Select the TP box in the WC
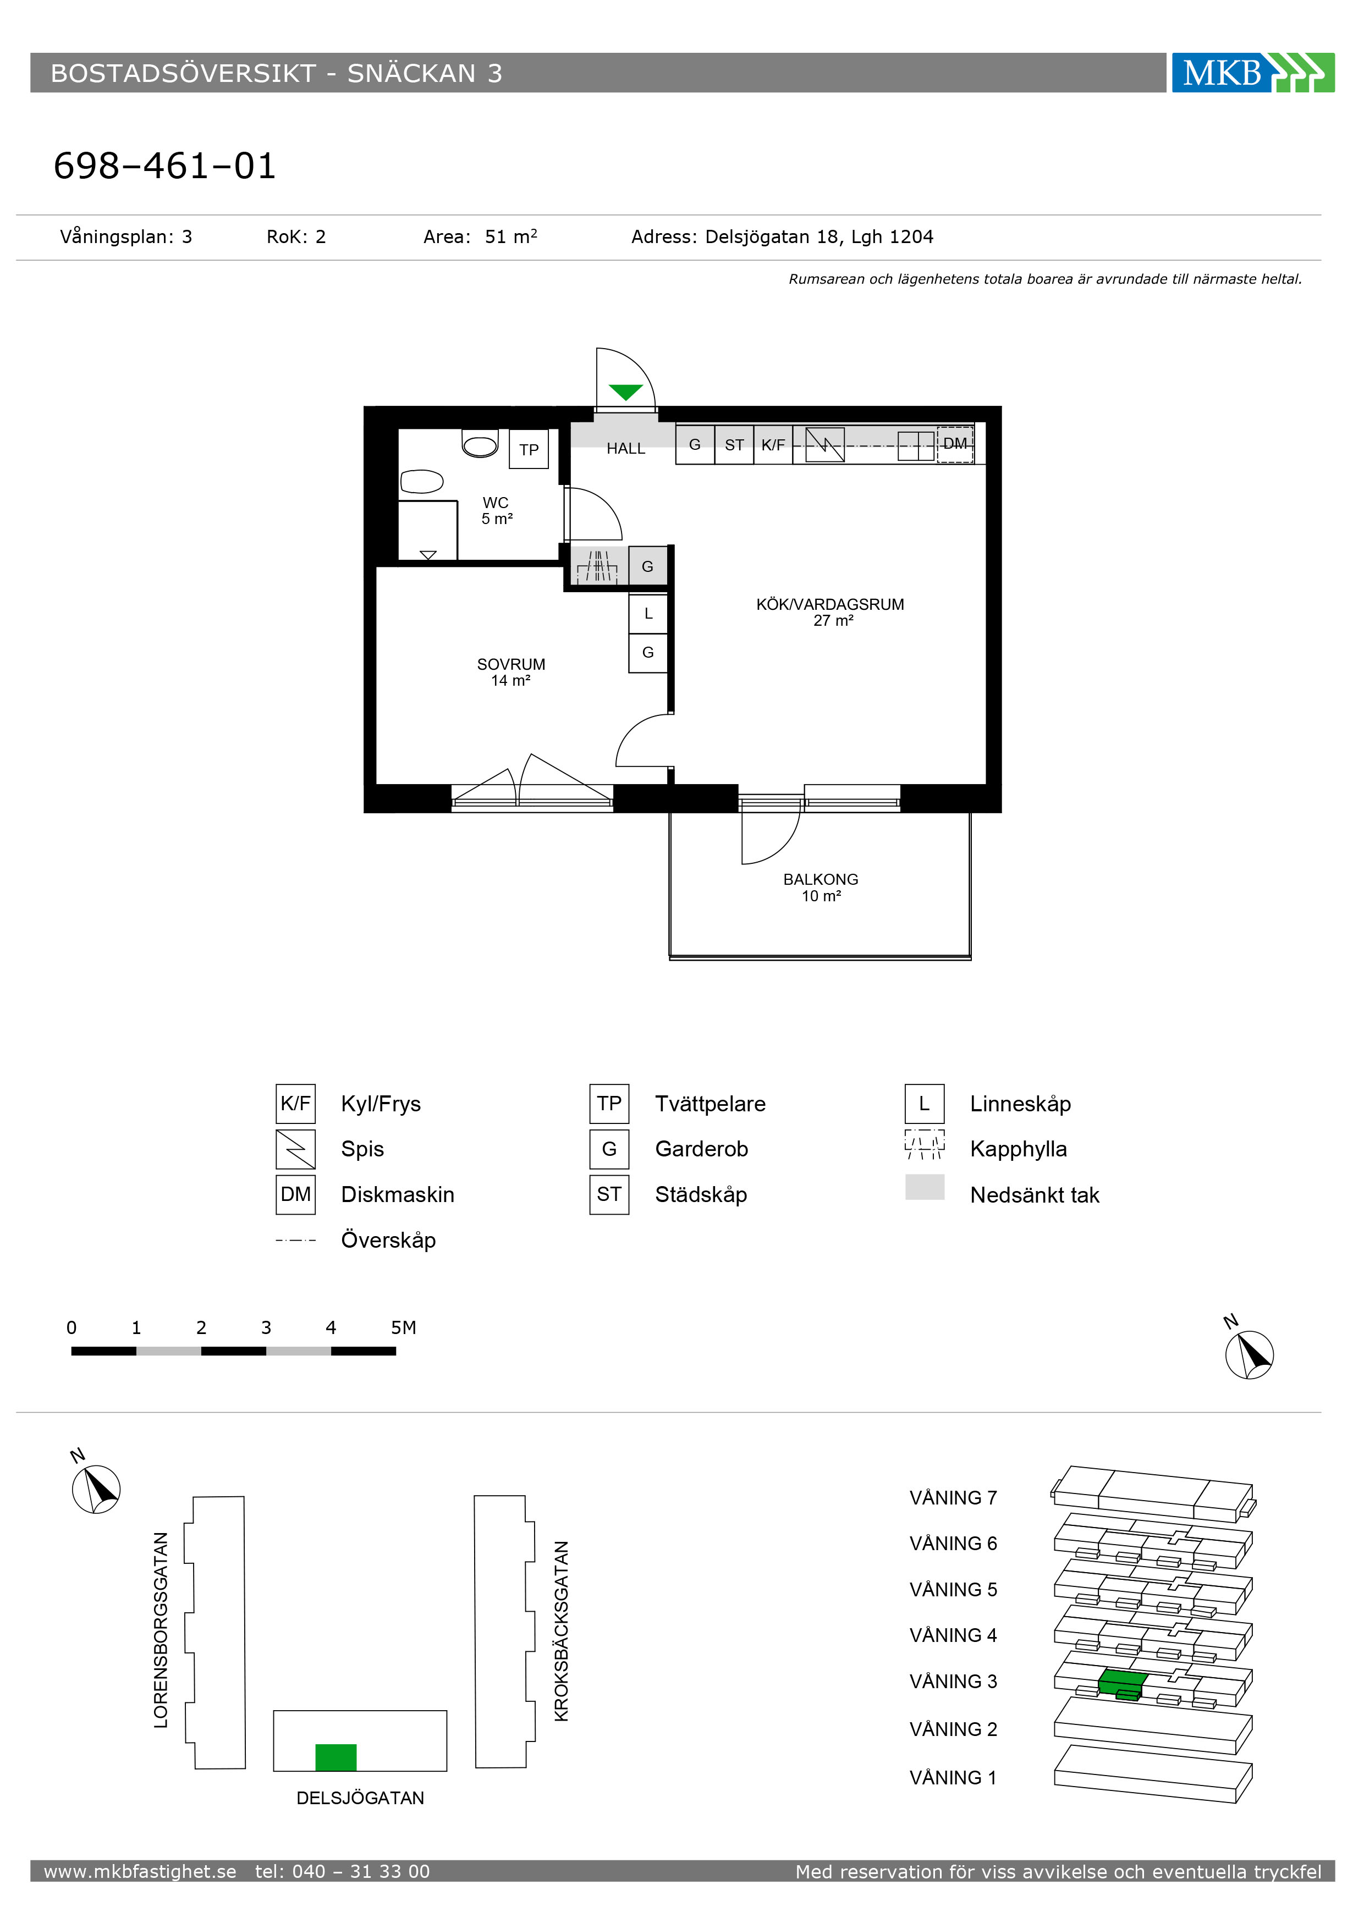point(529,449)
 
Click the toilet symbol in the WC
point(480,443)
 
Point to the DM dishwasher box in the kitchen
point(955,444)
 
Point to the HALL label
point(626,449)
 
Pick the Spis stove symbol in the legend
point(296,1149)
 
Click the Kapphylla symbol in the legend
point(925,1144)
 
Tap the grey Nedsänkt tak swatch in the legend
point(925,1187)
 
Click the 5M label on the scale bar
point(403,1327)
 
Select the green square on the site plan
point(336,1757)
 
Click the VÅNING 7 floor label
point(953,1498)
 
